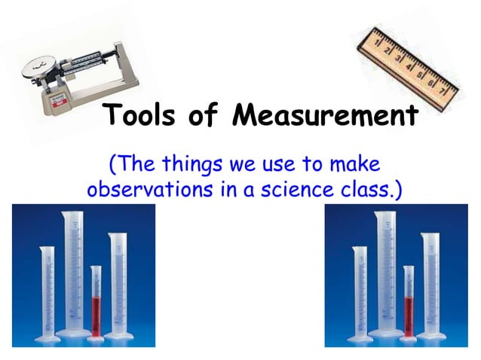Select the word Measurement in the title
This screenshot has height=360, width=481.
point(325,117)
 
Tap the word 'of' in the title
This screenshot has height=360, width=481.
point(213,117)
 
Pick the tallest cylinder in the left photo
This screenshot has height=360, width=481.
point(73,271)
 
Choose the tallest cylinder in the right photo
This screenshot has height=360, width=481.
point(385,271)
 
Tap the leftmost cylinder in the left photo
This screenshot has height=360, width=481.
point(47,290)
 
